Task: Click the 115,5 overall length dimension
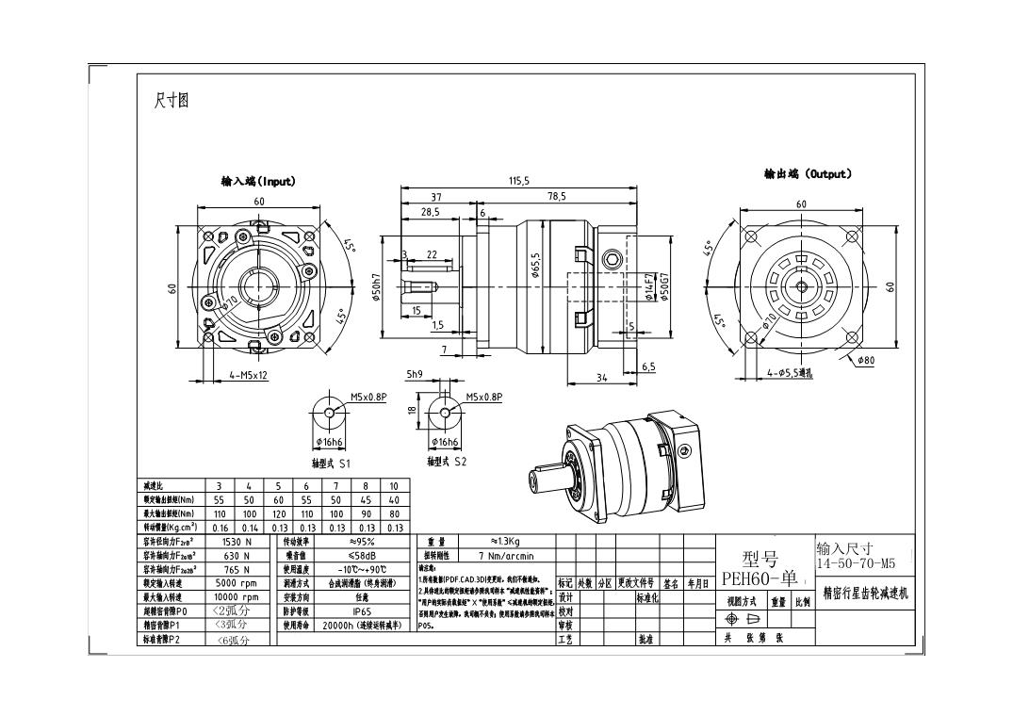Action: point(519,180)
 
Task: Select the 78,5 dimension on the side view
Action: point(557,196)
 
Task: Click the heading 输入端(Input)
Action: point(259,181)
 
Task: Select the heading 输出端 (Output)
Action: point(808,174)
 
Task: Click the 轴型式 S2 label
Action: point(447,462)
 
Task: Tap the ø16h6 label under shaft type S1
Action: point(330,442)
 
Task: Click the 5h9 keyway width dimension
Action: point(414,374)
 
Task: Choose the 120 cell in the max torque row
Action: point(279,513)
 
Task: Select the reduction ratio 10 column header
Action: point(394,486)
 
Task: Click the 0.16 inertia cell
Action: point(220,528)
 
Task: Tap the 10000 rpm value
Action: point(237,597)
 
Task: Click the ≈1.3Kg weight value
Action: point(513,541)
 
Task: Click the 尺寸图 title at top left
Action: point(171,100)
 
